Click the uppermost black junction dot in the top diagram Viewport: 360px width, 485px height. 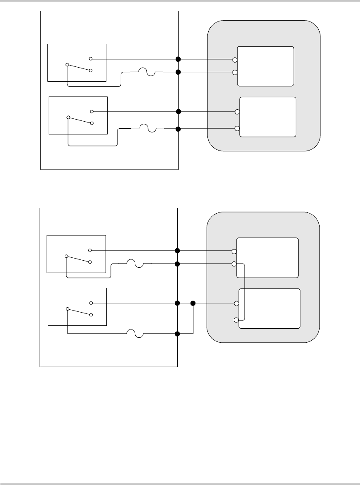tap(178, 59)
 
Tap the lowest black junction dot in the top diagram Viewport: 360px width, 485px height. tap(178, 129)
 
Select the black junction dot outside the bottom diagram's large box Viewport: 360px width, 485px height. tap(193, 304)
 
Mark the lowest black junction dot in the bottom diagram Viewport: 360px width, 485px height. tap(177, 334)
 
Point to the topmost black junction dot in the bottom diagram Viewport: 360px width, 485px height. tap(177, 251)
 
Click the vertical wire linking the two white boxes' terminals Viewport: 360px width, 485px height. tap(245, 291)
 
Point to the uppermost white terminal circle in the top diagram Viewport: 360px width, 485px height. tap(235, 60)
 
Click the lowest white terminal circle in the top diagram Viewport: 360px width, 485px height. tap(237, 129)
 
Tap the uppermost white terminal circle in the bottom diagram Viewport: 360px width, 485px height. tap(233, 251)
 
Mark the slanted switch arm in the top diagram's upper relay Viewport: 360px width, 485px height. tap(78, 68)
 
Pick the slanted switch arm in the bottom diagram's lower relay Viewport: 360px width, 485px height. tap(78, 311)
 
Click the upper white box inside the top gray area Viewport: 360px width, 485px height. tap(266, 66)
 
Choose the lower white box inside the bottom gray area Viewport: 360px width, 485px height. tap(270, 308)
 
